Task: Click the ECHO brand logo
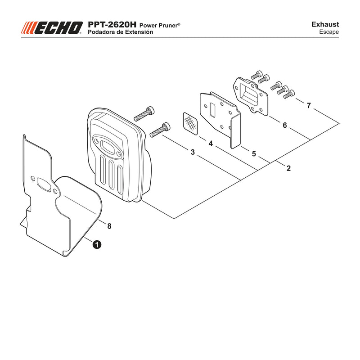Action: pos(52,28)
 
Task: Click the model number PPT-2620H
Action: pos(112,25)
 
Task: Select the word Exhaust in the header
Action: pos(325,24)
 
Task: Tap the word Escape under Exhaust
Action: pos(329,32)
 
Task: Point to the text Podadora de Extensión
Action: pos(120,32)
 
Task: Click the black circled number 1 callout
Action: pos(97,244)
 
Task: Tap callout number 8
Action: pos(109,226)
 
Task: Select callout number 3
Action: pos(193,152)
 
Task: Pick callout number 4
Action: pos(211,144)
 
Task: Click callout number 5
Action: pos(254,153)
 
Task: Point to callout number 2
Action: pos(288,168)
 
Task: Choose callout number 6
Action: pos(285,125)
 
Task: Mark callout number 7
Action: pos(309,105)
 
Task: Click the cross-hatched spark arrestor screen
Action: pos(190,123)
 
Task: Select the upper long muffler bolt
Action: pos(144,114)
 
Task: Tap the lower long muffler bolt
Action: pos(160,130)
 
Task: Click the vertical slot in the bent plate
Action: pos(212,111)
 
